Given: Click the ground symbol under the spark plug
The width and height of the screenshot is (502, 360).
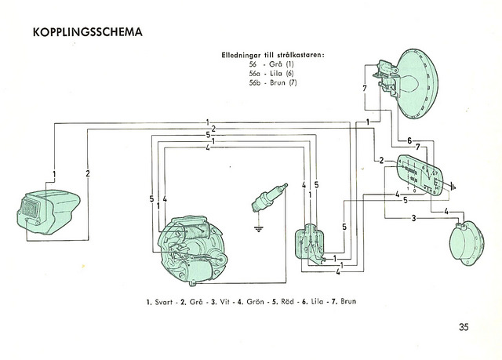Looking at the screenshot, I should pyautogui.click(x=258, y=231).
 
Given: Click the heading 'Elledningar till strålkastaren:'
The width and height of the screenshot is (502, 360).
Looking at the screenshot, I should pyautogui.click(x=273, y=56).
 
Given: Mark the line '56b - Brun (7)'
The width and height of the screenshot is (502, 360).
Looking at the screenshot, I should pyautogui.click(x=271, y=83).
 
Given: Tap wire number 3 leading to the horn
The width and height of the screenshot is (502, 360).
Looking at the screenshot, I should pyautogui.click(x=413, y=218).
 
